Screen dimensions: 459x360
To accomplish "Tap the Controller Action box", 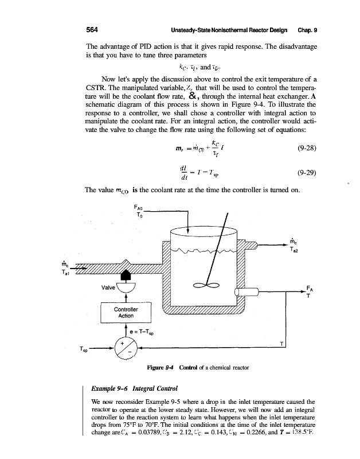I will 126,312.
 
